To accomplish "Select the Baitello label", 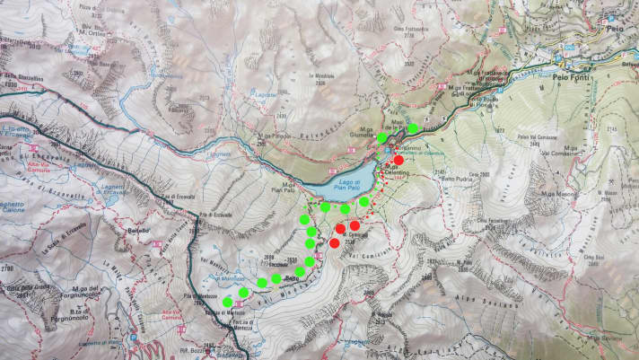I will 139,231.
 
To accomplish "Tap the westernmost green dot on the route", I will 228,302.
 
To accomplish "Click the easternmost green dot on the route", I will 412,128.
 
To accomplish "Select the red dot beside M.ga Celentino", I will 398,160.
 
